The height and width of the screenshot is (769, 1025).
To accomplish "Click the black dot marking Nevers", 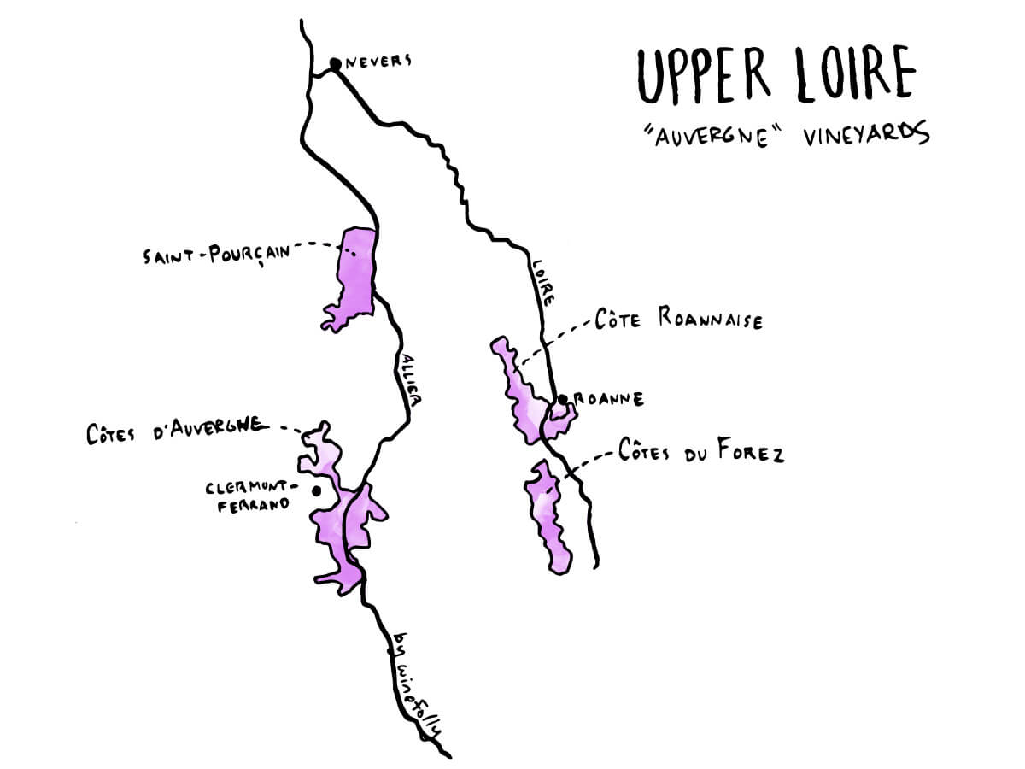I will pos(336,62).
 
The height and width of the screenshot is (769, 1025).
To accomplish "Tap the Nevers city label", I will pos(378,61).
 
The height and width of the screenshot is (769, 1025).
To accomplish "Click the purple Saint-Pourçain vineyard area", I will pos(354,273).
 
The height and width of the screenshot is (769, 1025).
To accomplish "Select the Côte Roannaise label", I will pos(678,320).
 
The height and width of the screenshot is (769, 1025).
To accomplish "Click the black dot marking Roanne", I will pos(563,399).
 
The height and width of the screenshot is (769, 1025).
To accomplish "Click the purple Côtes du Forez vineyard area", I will pos(547,513).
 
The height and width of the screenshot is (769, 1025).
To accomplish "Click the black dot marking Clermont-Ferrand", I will pos(317,491).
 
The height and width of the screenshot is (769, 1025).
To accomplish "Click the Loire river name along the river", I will pos(544,281).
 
